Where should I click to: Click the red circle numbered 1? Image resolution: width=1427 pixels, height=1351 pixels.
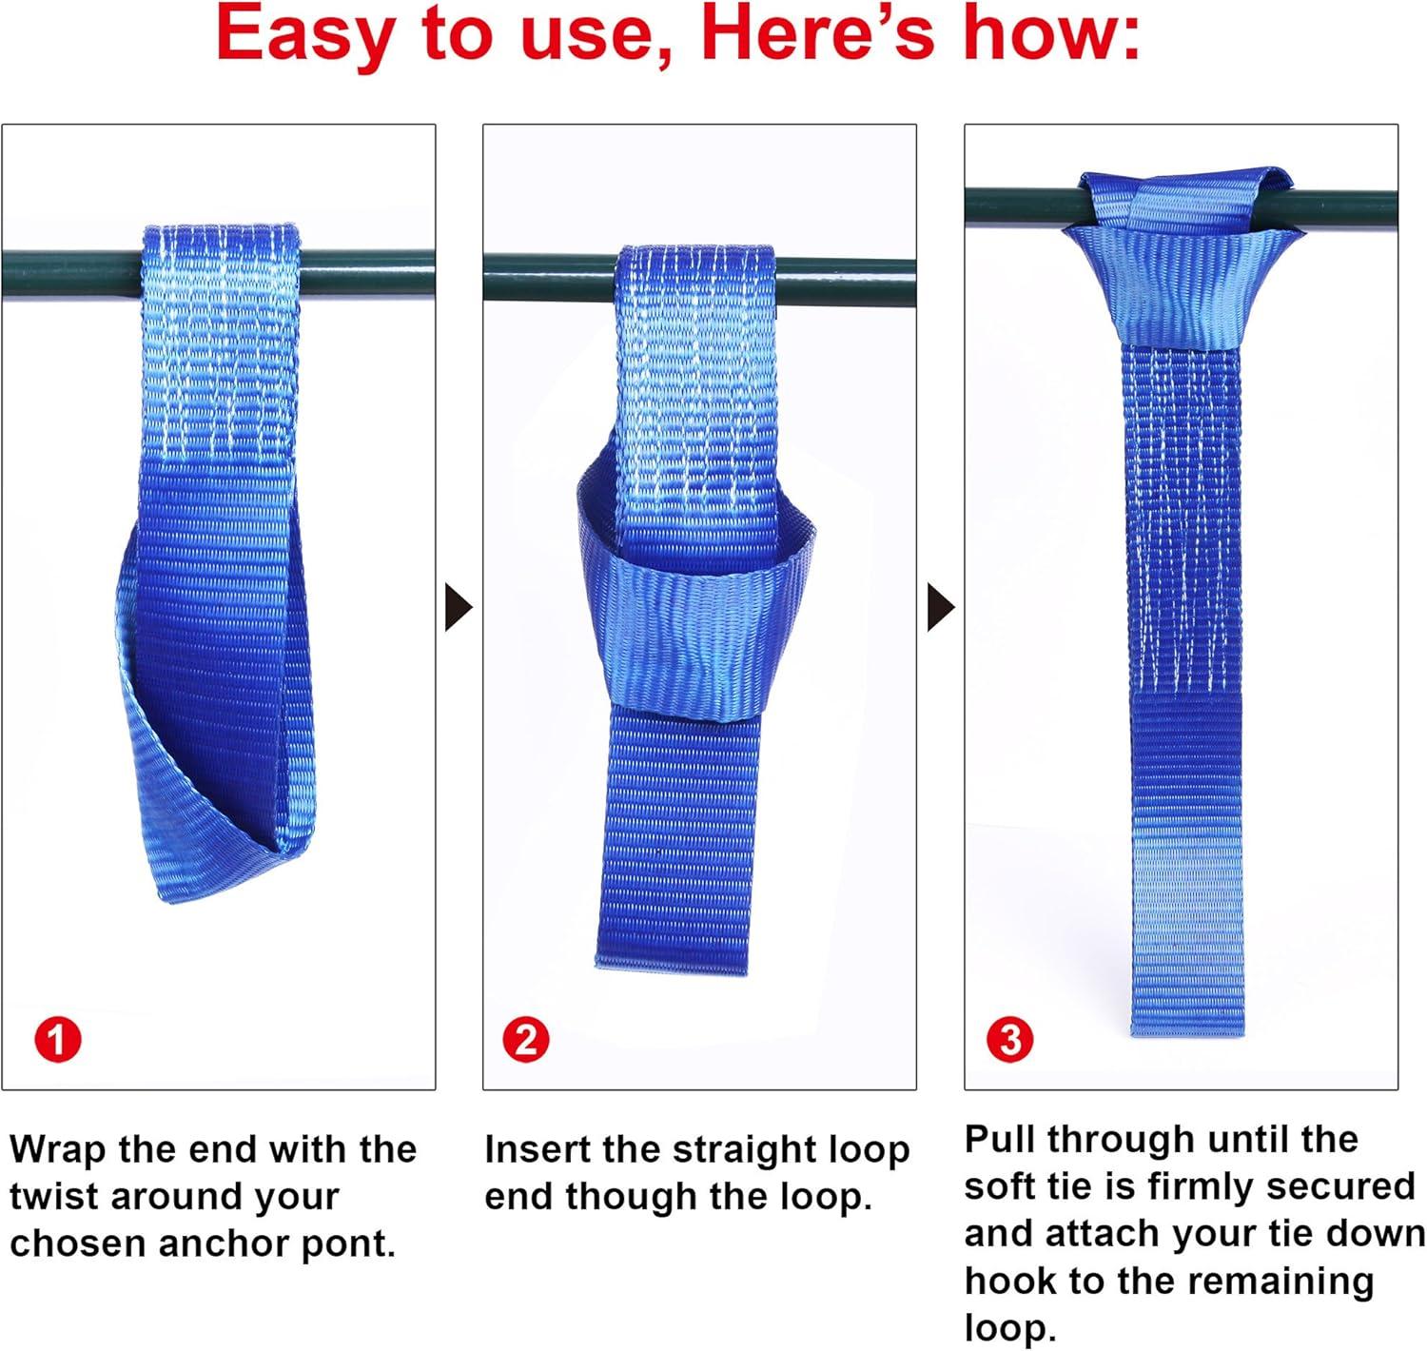pyautogui.click(x=58, y=1040)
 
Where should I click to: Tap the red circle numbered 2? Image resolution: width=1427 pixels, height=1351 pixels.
pyautogui.click(x=525, y=1040)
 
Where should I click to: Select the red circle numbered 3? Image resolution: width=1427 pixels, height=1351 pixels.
pyautogui.click(x=1009, y=1040)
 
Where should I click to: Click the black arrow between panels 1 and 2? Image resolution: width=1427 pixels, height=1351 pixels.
pyautogui.click(x=459, y=607)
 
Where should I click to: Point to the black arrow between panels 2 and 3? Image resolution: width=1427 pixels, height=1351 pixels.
pyautogui.click(x=942, y=607)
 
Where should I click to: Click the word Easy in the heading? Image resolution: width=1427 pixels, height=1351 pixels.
pyautogui.click(x=305, y=36)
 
